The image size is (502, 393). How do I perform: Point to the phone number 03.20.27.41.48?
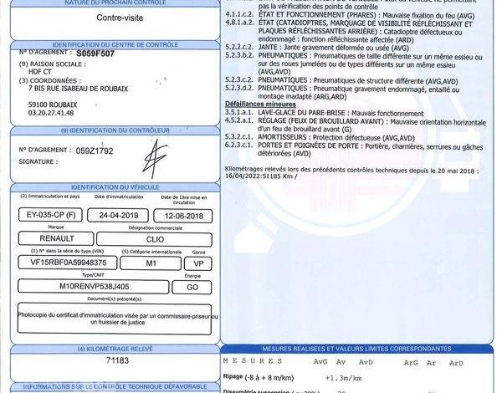pos(51,111)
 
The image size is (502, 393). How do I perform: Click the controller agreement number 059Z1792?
pos(94,151)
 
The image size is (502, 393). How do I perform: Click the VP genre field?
pos(198,263)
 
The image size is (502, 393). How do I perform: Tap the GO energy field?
pos(192,286)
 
